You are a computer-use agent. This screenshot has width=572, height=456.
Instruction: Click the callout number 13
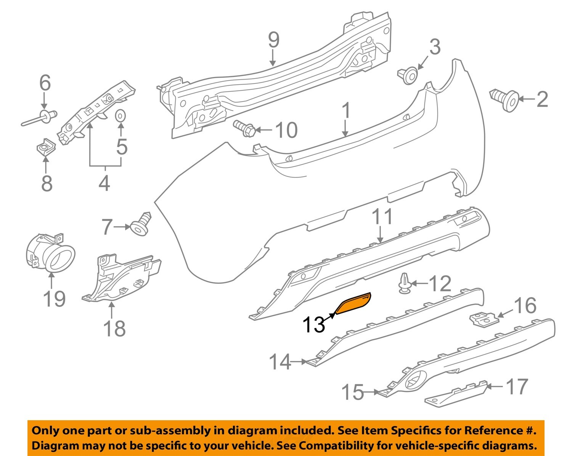(313, 325)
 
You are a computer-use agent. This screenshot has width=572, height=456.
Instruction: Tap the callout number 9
(273, 40)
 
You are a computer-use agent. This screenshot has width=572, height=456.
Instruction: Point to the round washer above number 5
(120, 115)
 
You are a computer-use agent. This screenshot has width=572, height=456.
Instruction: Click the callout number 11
(382, 217)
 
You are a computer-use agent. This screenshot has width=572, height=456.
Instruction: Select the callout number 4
(104, 183)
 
